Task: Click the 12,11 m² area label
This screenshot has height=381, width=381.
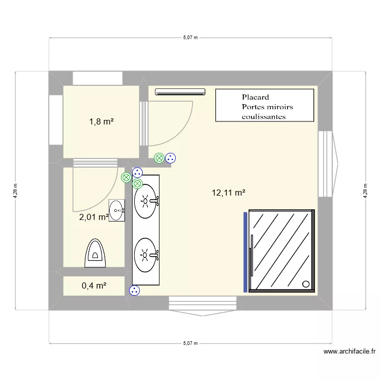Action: coord(229,193)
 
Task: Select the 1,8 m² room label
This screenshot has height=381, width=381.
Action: coord(101,121)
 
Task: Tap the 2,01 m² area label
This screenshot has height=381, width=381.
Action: coord(93,217)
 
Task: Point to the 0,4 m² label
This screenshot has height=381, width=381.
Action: coord(94,285)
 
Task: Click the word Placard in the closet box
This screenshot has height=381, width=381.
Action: coord(255,97)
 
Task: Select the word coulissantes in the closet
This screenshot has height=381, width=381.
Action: coord(264,116)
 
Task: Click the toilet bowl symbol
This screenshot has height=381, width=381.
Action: coord(95,252)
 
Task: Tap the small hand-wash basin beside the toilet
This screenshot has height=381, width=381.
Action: coord(117,210)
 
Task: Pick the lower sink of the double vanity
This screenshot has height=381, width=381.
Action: coord(146,253)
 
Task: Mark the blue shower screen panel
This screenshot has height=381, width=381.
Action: coord(245,252)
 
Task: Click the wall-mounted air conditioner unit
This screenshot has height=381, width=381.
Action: coord(180,92)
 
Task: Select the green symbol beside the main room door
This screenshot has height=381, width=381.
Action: coord(159,158)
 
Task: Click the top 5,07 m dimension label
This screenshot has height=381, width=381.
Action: coord(190,37)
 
